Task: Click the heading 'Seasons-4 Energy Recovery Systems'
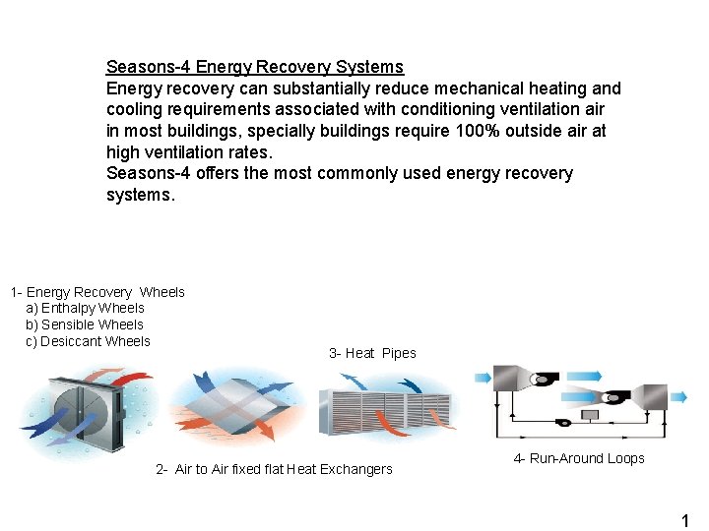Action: click(254, 67)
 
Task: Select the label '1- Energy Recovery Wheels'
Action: click(97, 292)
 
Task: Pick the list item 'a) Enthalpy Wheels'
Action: click(85, 308)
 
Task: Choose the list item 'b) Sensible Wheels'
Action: click(85, 324)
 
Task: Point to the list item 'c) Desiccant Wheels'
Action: click(88, 341)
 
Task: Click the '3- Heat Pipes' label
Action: click(372, 353)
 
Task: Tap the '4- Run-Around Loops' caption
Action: click(579, 458)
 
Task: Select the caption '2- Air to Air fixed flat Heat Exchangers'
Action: click(274, 469)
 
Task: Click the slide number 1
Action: click(685, 521)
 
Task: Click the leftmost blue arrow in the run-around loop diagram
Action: click(483, 375)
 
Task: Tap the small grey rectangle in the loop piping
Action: click(591, 415)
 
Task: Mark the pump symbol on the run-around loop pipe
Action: click(564, 423)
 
